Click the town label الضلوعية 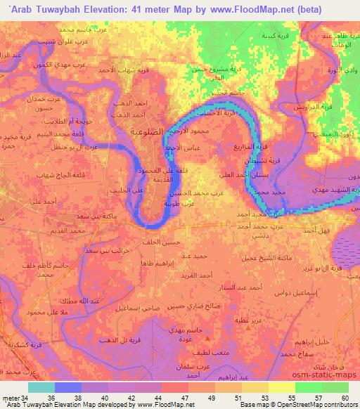149,131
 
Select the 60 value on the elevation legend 345,397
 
